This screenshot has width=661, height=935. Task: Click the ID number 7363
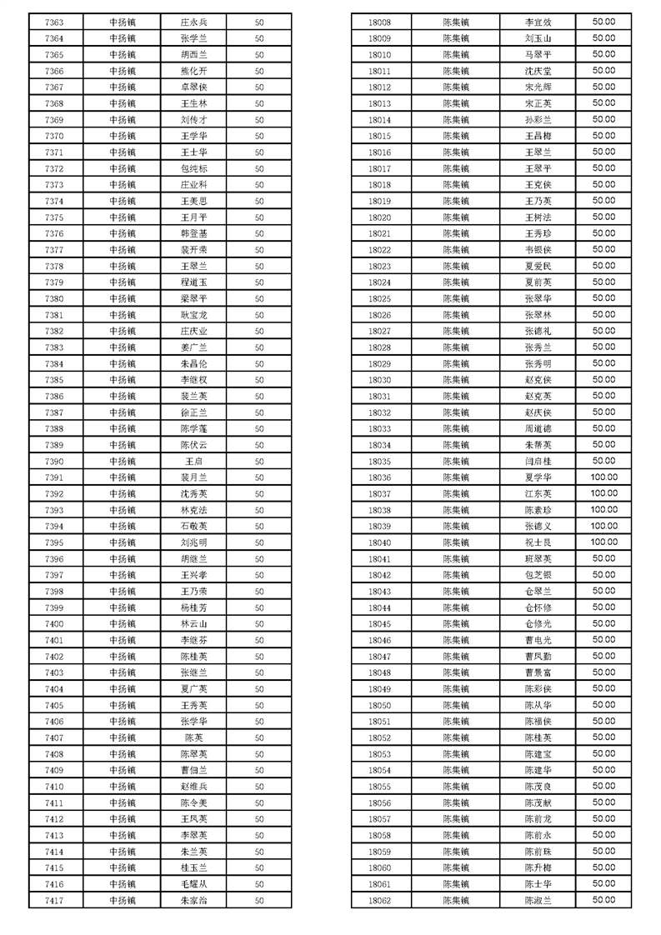click(54, 22)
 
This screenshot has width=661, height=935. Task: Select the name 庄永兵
click(193, 22)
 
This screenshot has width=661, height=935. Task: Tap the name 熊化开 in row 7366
click(193, 72)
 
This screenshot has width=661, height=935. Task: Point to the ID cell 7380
click(54, 299)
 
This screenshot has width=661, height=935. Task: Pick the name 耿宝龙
click(193, 316)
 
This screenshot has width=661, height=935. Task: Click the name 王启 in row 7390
click(193, 462)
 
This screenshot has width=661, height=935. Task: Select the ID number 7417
click(54, 901)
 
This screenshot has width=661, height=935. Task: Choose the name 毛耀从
click(193, 884)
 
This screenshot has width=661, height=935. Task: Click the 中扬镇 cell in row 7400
click(123, 624)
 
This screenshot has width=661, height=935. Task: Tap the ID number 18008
click(379, 22)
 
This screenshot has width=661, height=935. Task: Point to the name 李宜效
click(538, 22)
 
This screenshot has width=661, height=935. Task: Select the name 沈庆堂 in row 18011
click(538, 72)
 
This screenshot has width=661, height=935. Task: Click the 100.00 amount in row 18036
click(603, 477)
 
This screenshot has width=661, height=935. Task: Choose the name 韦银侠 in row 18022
click(538, 250)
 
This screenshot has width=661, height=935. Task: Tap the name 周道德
click(538, 429)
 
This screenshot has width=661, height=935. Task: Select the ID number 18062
click(379, 901)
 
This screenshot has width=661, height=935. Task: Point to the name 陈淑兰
click(538, 901)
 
